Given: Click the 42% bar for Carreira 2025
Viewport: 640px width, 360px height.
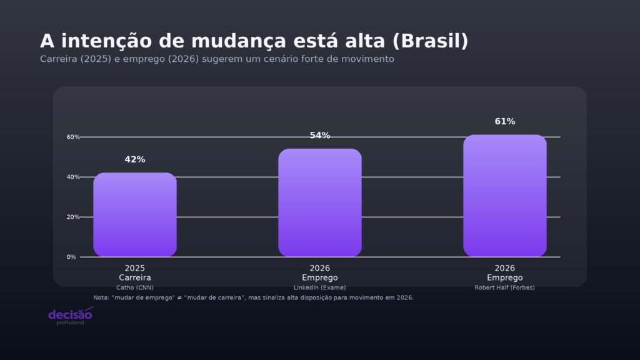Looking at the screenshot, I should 135,215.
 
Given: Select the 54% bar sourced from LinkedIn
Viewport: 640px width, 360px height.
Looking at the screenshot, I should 320,203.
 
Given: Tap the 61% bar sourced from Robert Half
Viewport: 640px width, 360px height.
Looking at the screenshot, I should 505,196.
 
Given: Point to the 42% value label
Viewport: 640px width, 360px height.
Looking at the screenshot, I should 135,159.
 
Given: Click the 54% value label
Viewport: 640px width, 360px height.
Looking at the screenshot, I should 320,136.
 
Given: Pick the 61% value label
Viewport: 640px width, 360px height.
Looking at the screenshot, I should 505,121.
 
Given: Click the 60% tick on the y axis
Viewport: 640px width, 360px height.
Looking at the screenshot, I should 72,137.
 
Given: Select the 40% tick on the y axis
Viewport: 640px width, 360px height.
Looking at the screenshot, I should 72,177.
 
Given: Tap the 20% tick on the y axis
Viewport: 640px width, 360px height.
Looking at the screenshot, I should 72,217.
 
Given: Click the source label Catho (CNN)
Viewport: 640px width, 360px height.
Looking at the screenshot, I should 135,287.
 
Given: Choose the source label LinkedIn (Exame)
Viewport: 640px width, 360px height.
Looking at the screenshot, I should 320,287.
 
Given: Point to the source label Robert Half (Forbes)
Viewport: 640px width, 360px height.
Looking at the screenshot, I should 505,287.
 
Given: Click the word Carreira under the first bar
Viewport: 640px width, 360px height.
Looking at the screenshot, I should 135,277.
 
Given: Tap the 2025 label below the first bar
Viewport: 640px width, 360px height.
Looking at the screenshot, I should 135,268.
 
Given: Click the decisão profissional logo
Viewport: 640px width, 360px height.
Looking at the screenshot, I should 70,316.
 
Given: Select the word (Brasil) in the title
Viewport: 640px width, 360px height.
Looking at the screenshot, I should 431,41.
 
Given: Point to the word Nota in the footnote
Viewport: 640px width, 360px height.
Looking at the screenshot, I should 100,297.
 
